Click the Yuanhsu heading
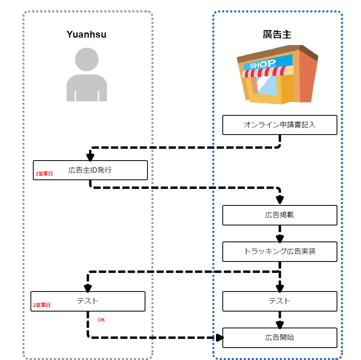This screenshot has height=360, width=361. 87,34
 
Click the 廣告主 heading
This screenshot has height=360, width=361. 277,34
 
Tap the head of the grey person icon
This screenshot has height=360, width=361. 87,59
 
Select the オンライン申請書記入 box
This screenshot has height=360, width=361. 280,125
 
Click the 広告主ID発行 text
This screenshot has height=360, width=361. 90,170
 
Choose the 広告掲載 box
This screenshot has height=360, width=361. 280,215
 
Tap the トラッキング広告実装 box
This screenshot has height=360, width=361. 280,251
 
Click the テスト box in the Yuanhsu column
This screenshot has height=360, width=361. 88,301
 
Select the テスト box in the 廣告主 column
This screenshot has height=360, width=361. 280,301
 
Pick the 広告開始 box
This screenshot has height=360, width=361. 280,338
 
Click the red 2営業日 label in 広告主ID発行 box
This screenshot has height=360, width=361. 44,174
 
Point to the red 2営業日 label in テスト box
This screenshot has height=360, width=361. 42,305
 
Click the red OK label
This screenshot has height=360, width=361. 101,320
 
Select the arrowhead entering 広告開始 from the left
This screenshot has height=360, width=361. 219,338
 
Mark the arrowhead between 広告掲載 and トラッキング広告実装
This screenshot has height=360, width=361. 280,238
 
